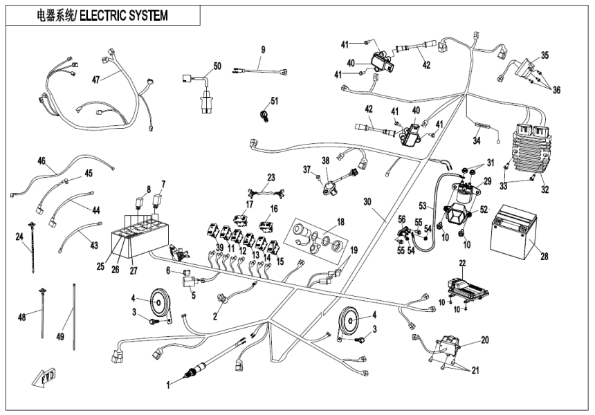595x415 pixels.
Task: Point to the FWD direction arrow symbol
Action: [43, 377]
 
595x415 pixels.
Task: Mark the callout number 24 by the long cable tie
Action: [18, 237]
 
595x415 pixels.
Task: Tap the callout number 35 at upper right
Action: [544, 55]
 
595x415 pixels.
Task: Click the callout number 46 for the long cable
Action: [42, 160]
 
